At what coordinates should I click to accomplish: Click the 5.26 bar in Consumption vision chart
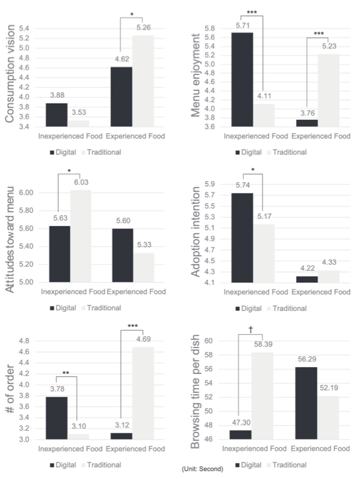coord(143,81)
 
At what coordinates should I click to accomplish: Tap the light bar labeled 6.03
coord(79,236)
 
